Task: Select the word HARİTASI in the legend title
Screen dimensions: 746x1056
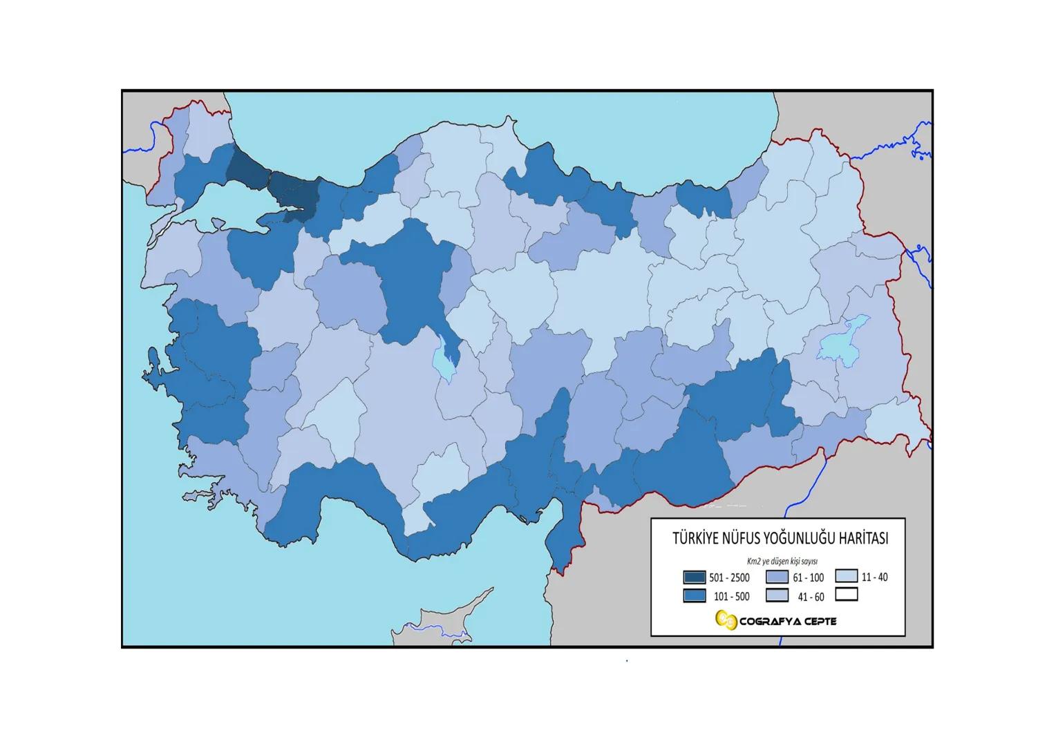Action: (861, 539)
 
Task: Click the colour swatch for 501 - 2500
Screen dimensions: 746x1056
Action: (694, 577)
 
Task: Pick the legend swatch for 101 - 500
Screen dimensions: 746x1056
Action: (694, 595)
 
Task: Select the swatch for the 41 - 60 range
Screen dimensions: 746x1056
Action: (777, 595)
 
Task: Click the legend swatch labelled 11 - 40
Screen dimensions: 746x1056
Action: (846, 576)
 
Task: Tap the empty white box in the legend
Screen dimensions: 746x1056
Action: (846, 594)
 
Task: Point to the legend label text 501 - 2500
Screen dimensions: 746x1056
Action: (729, 578)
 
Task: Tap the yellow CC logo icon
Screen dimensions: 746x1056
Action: (726, 620)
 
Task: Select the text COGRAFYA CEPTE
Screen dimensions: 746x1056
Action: (788, 621)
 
